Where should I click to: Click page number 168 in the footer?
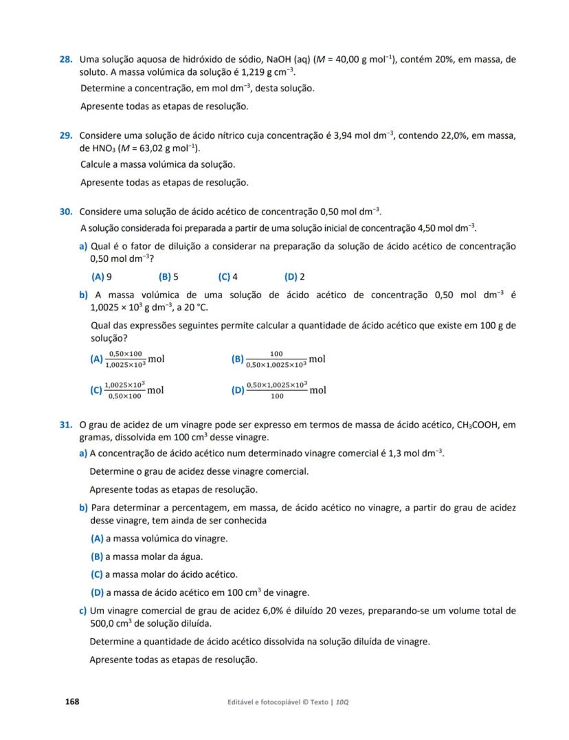[72, 702]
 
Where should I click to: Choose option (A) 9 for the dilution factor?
[102, 277]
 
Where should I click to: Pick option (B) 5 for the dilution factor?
[168, 277]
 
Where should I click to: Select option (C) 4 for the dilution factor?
[228, 277]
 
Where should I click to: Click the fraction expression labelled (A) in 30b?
[128, 359]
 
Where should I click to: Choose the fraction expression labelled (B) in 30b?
[279, 359]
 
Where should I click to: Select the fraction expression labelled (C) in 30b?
[128, 390]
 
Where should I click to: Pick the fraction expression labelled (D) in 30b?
[279, 390]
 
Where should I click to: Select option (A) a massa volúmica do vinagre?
[159, 539]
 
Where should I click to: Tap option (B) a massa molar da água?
[146, 557]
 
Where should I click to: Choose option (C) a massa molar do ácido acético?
[164, 574]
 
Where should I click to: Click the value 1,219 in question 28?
[244, 71]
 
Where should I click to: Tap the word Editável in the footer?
[244, 702]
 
